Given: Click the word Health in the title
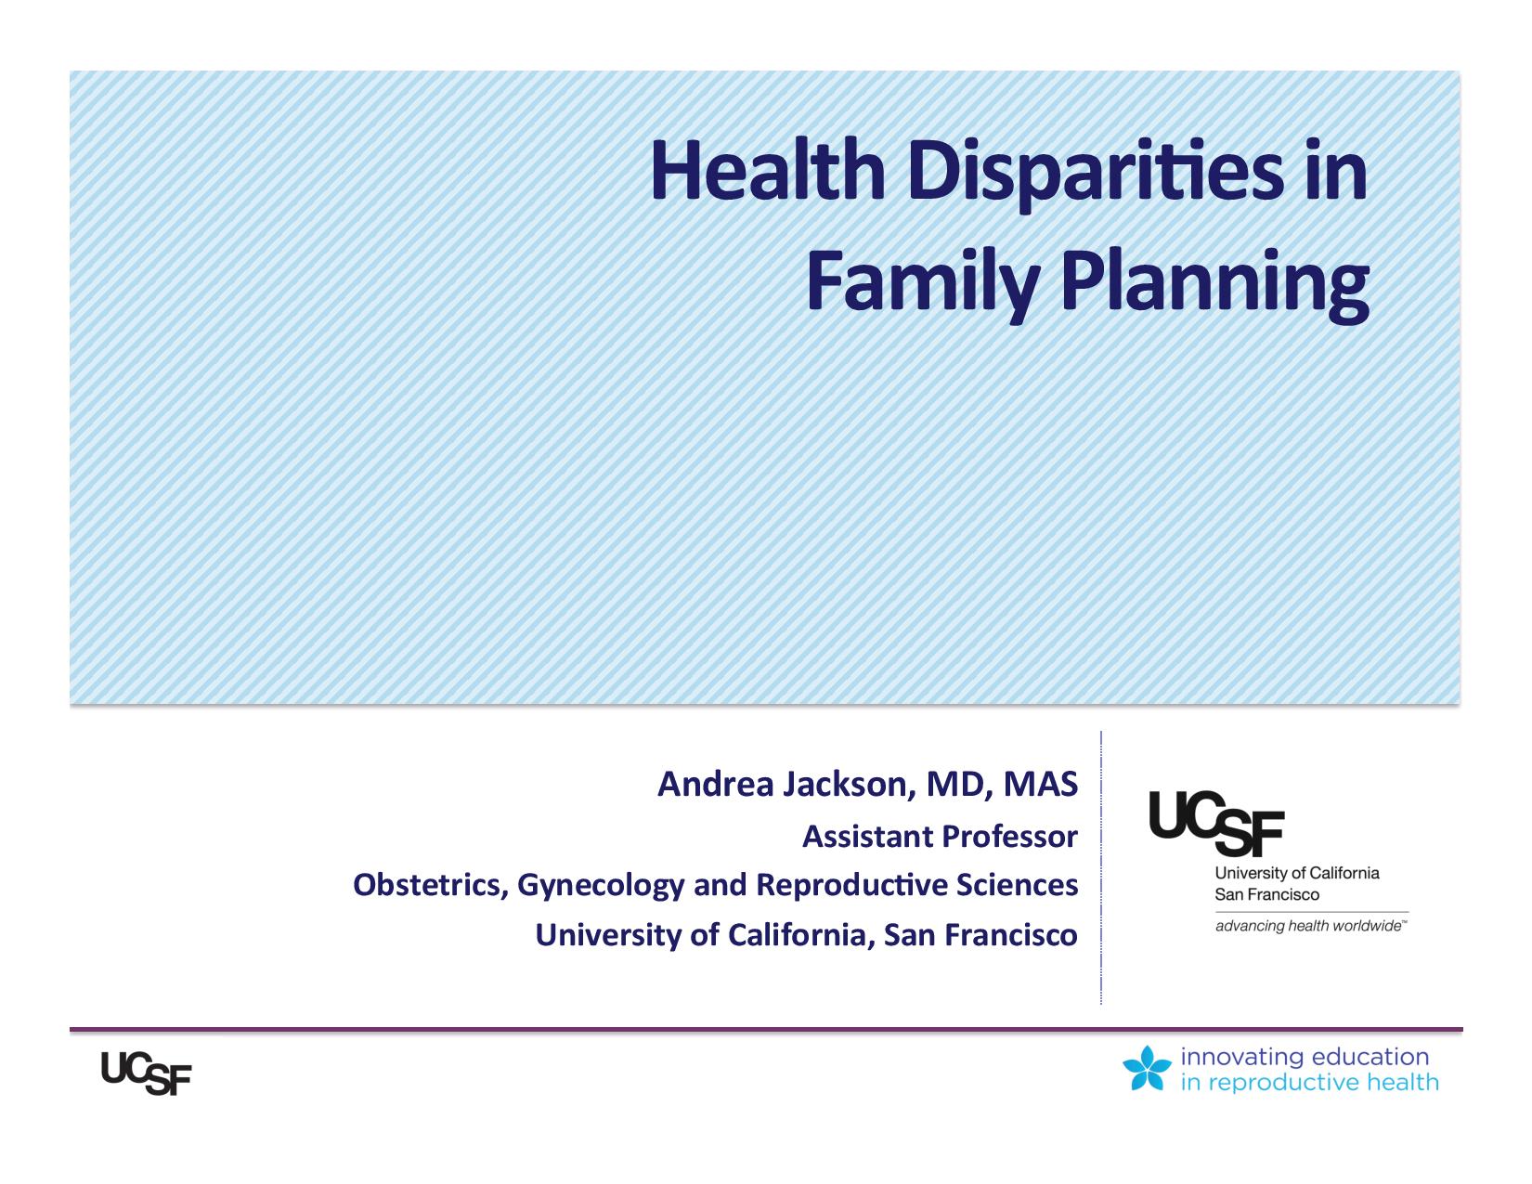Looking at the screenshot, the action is point(768,171).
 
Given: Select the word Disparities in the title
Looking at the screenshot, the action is point(1097,175).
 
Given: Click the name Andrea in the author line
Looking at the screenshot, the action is point(716,784).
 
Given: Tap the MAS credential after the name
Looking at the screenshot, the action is point(1041,784).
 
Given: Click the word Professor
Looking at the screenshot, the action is point(1009,837).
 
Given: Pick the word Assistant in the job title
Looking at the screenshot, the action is point(868,837).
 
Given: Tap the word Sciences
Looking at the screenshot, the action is point(1017,885).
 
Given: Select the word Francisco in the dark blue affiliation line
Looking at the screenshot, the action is point(1012,935).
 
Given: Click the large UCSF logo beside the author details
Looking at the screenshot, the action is point(1216,823).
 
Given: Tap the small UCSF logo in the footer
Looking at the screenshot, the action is point(146,1073).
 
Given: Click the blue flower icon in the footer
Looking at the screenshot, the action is point(1147,1068).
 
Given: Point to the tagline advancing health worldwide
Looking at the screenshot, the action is point(1311,926).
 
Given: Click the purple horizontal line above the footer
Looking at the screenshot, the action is point(766,1030).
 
